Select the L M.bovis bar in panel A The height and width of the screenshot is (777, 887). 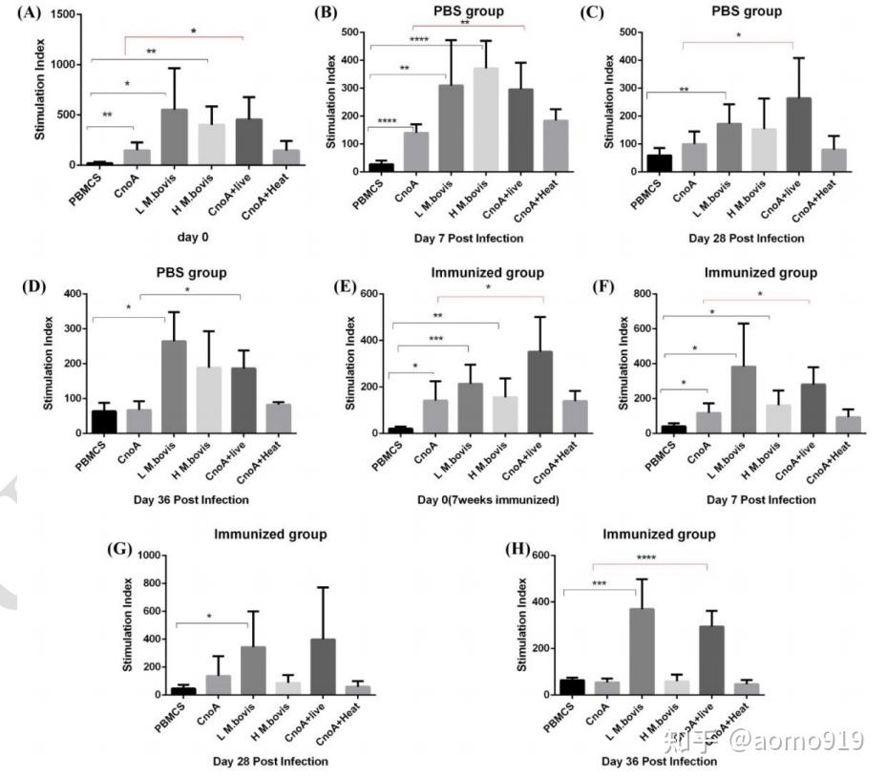click(174, 137)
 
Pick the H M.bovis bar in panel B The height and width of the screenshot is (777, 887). click(487, 120)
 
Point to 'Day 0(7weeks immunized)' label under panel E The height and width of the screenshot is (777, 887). click(464, 499)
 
